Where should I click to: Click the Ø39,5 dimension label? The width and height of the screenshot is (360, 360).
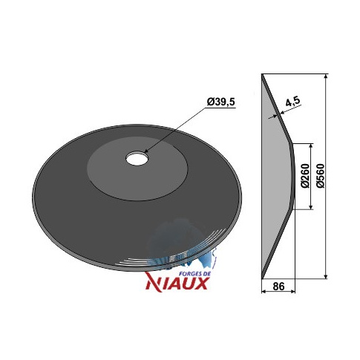coord(220,102)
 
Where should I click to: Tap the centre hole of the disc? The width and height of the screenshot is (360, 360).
coord(137,158)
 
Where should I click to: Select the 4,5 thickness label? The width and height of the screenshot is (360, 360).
coord(292,102)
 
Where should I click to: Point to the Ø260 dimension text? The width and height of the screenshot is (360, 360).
coord(306,176)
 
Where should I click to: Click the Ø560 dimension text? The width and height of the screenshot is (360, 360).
coord(321,176)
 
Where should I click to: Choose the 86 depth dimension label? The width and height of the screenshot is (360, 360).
coord(278,287)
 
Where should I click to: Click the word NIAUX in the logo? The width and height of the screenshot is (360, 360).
coord(177,283)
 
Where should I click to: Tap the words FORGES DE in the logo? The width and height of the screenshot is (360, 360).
coord(194,274)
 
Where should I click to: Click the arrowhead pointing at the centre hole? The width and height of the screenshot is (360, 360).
coord(146,151)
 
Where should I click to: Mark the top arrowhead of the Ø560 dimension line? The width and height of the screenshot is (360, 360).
coord(326,76)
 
